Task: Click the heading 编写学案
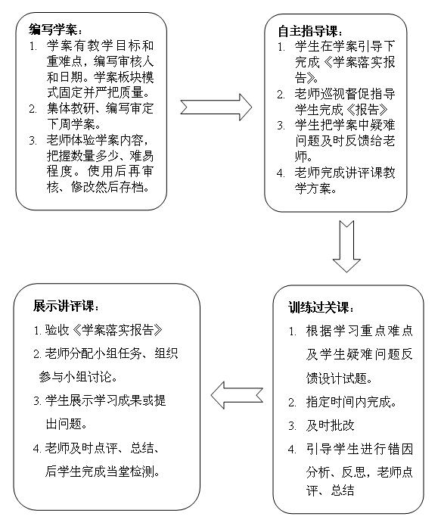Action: click(55, 30)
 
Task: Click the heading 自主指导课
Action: click(311, 31)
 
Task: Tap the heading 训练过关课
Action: click(321, 307)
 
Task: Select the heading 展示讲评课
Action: click(66, 306)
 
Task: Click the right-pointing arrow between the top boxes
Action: click(216, 107)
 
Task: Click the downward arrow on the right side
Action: click(346, 246)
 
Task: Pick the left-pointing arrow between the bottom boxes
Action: click(237, 395)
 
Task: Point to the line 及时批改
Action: click(330, 425)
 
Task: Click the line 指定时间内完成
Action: click(351, 402)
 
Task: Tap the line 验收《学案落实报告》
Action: click(104, 330)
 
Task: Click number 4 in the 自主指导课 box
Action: click(281, 173)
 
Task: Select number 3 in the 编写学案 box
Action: click(33, 140)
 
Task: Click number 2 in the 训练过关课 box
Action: click(292, 403)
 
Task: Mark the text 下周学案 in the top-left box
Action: click(73, 124)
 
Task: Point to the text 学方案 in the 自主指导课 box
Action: click(315, 188)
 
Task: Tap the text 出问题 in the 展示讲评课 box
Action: click(67, 424)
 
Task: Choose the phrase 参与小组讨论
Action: click(78, 377)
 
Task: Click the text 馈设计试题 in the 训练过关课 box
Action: click(340, 378)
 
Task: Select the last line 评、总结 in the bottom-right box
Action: click(330, 490)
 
